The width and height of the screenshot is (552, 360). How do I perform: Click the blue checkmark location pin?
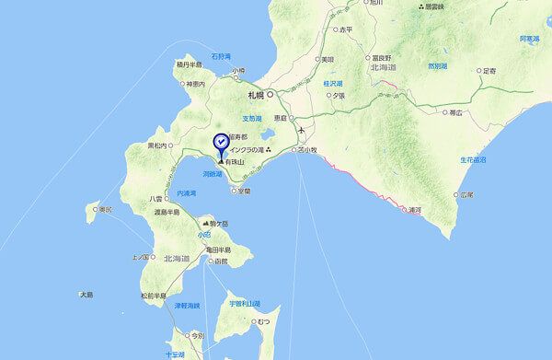coord(221,143)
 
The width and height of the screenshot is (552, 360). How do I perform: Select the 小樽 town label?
coord(238,71)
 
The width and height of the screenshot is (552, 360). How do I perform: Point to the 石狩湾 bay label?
coord(222,55)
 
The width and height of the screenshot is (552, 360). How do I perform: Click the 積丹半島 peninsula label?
coord(189,64)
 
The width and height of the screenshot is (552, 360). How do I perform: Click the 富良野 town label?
coord(381,57)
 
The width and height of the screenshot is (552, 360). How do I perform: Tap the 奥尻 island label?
coord(106,209)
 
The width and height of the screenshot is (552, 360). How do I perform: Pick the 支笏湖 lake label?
coord(253,118)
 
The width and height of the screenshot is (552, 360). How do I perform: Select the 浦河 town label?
coord(415,210)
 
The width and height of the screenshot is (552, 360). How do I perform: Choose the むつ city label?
coord(263,320)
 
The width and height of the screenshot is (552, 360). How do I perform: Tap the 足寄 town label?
coord(489,71)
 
